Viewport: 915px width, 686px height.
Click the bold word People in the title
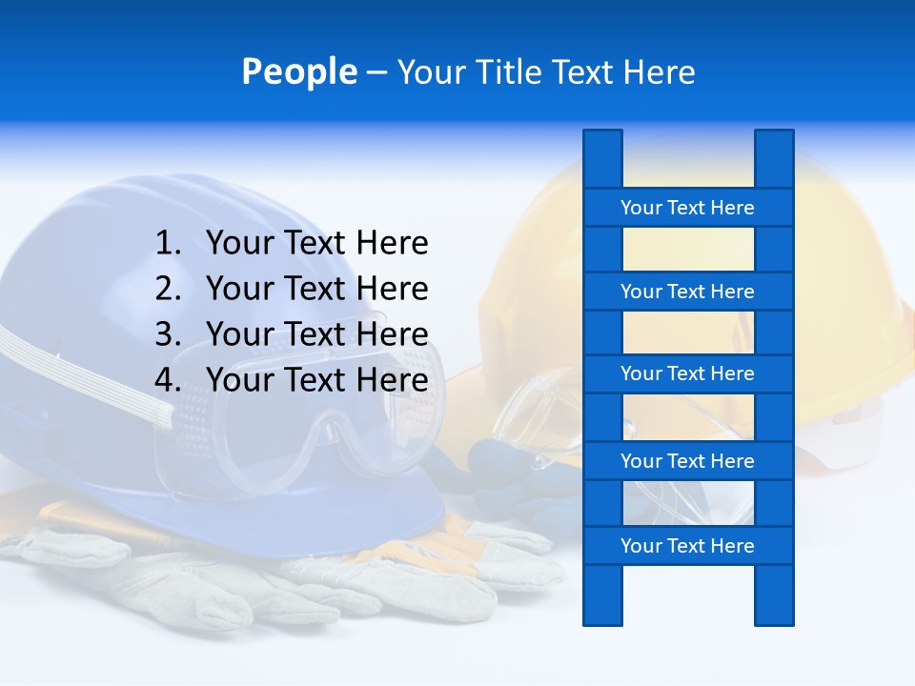pos(298,72)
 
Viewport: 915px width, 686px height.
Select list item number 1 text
pos(316,244)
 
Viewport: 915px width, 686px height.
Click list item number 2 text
pos(316,289)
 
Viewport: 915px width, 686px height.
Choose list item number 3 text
pos(316,334)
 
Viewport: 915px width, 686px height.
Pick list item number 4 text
pos(316,380)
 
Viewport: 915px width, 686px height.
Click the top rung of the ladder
pos(687,208)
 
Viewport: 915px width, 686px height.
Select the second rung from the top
pos(687,292)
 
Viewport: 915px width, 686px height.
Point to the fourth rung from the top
pos(687,461)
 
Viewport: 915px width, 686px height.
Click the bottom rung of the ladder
pos(687,546)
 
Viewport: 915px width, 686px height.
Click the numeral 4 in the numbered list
pos(166,380)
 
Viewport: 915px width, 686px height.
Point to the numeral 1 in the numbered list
pos(166,244)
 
